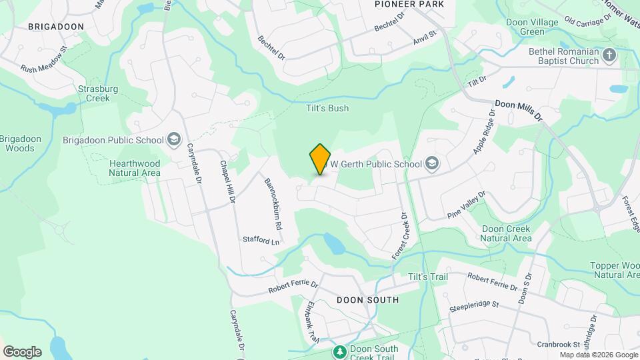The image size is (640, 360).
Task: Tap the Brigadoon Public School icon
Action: (174, 139)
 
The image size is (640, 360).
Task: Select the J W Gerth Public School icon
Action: (432, 164)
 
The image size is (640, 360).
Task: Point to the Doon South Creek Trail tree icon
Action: (339, 351)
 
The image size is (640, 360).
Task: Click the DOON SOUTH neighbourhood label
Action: (367, 300)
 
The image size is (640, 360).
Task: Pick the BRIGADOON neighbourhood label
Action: (56, 26)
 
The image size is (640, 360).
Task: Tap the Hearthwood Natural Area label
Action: (135, 167)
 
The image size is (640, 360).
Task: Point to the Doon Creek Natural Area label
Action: (506, 233)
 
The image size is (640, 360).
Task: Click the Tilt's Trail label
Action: (428, 277)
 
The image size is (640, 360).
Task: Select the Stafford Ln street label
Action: (261, 240)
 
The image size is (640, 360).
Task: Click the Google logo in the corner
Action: (22, 352)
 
